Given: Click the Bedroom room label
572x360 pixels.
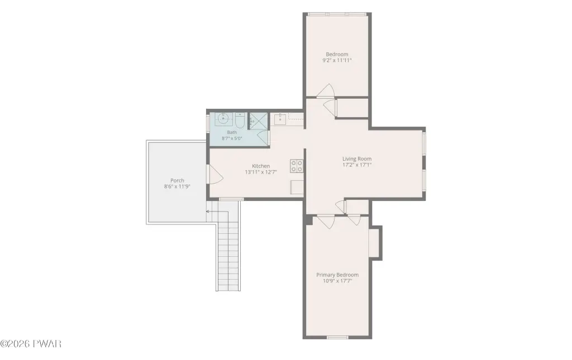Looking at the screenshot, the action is [x=337, y=54].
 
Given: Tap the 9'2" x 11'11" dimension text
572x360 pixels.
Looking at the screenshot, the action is [x=337, y=60].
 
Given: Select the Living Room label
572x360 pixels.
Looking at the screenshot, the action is [x=357, y=159].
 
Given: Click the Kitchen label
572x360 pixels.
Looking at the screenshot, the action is [x=261, y=166].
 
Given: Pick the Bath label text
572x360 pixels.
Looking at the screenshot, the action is [x=232, y=132].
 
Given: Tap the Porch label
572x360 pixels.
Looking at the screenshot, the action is [x=177, y=180].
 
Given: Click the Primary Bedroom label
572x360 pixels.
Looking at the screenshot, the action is [x=337, y=275].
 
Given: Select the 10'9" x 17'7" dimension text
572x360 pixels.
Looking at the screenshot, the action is [x=337, y=281].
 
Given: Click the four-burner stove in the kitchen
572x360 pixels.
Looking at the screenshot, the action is [x=297, y=166].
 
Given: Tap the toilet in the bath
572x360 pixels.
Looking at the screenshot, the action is [x=239, y=120].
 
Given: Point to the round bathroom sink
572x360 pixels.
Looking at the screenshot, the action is [x=223, y=118].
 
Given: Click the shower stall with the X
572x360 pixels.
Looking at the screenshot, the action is [x=258, y=121].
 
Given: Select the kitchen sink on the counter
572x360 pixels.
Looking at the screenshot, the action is [x=280, y=119].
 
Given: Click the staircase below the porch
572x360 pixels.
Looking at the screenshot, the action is [x=228, y=250].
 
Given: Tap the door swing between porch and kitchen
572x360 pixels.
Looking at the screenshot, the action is [x=215, y=175].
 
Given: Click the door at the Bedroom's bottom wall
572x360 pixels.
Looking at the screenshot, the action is [x=326, y=91].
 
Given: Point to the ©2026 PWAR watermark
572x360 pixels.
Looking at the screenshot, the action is [x=31, y=343].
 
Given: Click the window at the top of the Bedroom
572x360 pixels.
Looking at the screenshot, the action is [x=337, y=14].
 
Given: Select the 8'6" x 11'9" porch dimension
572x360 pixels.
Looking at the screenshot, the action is [x=177, y=186].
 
